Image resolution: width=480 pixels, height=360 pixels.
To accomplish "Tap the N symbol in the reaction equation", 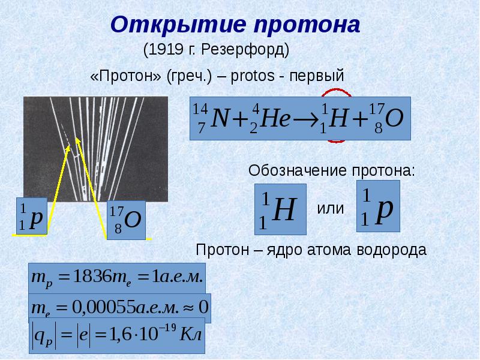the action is click(220, 118).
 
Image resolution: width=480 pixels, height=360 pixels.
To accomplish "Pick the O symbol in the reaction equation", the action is click(394, 118).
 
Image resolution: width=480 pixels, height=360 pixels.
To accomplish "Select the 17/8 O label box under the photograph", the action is click(125, 220).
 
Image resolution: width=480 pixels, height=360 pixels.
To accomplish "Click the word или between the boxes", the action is click(331, 209).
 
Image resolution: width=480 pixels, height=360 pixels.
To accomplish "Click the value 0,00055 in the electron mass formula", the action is click(100, 307).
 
